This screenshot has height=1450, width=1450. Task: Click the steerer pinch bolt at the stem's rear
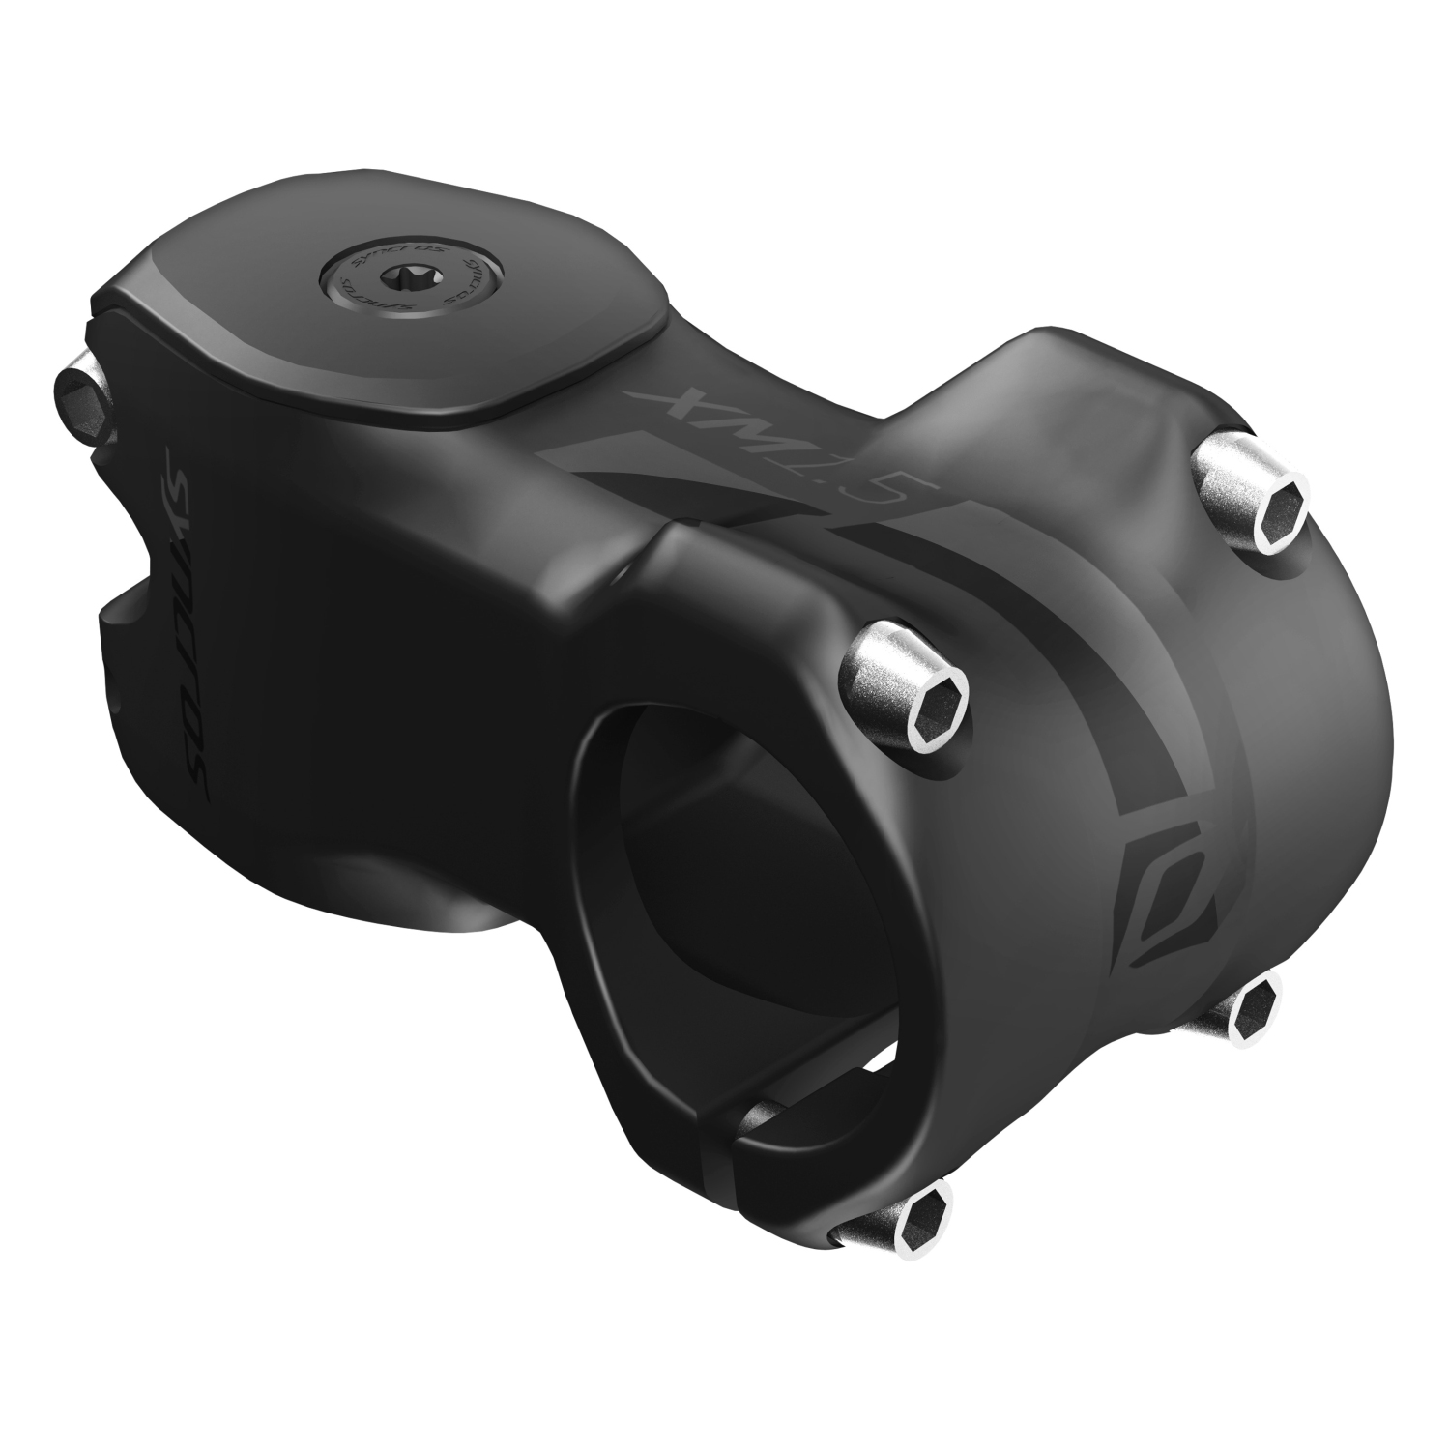coord(82,391)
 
